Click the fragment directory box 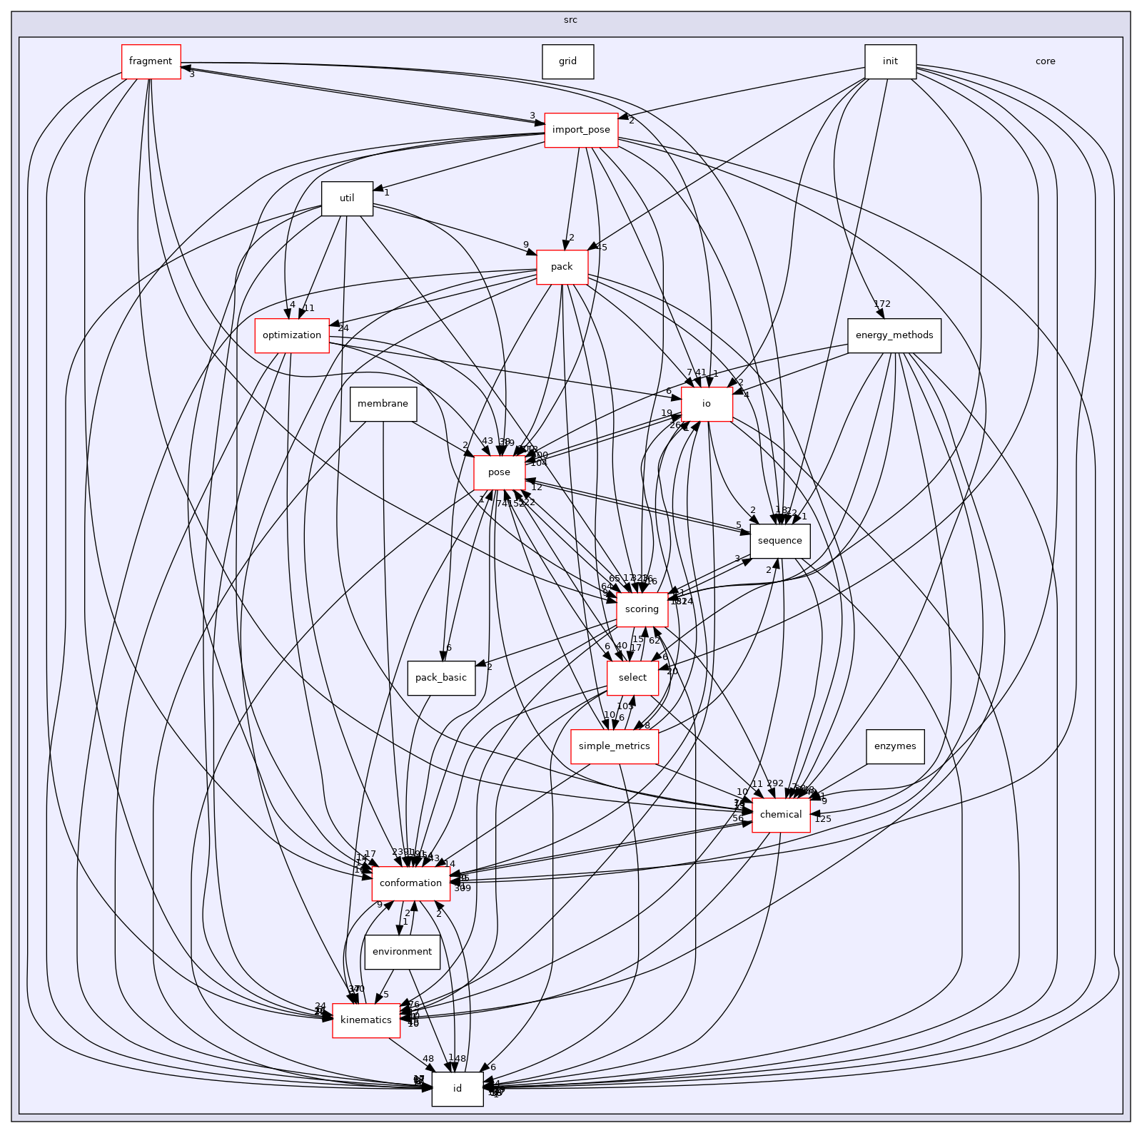tap(151, 61)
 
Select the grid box tap(567, 61)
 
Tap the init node tap(890, 61)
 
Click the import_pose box tap(581, 130)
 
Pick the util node tap(347, 198)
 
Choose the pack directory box tap(562, 267)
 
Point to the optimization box tap(292, 335)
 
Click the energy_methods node tap(894, 335)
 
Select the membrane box tap(383, 404)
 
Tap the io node tap(706, 404)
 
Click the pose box tap(499, 472)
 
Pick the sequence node tap(779, 541)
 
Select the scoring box tap(641, 609)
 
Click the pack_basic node tap(441, 678)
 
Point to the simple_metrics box tap(614, 746)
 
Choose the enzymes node tap(894, 746)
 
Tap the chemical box tap(781, 815)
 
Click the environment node tap(402, 952)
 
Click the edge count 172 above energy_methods tap(882, 304)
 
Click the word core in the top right tap(1045, 61)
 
